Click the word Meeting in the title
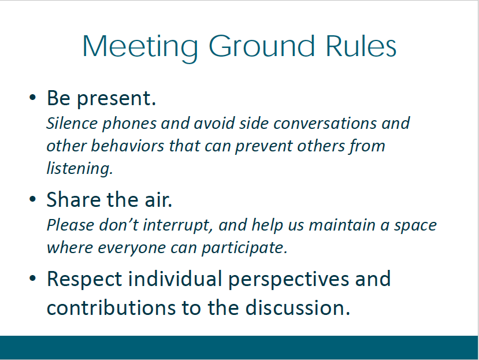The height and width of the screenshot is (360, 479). click(140, 47)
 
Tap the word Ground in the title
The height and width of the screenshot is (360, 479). click(262, 46)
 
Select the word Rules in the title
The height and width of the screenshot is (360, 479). click(361, 46)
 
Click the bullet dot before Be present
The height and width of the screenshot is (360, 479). click(32, 98)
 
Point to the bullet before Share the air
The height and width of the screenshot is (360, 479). click(32, 199)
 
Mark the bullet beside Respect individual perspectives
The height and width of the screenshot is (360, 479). click(32, 279)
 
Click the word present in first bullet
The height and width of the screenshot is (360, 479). click(116, 99)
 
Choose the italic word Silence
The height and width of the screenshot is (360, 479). click(72, 123)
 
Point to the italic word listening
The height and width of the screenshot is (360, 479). click(79, 169)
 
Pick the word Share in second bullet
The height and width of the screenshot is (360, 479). click(74, 199)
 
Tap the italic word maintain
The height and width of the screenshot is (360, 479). click(342, 225)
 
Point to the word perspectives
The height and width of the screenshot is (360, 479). click(288, 280)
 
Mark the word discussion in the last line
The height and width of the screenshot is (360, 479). click(298, 307)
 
